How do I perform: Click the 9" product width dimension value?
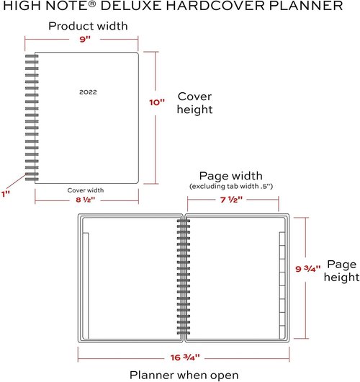click(x=85, y=39)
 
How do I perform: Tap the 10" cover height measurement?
click(x=157, y=102)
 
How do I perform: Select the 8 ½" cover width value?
click(x=85, y=200)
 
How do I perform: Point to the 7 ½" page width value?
click(x=232, y=200)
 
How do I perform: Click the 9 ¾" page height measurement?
click(x=308, y=269)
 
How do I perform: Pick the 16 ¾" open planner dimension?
click(x=185, y=357)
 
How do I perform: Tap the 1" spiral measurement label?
click(x=6, y=194)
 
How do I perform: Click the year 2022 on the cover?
click(x=88, y=92)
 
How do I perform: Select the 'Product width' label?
click(x=88, y=26)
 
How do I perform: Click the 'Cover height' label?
click(x=194, y=103)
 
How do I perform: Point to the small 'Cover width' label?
click(x=86, y=190)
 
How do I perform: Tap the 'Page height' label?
click(x=341, y=271)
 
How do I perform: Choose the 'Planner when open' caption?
click(x=184, y=376)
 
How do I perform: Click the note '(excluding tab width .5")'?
click(x=231, y=187)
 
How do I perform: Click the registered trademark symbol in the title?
click(x=92, y=4)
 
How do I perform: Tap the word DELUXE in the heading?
click(x=132, y=5)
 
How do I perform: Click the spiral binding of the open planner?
click(x=184, y=277)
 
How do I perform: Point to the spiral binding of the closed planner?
click(x=32, y=117)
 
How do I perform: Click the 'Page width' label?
click(x=230, y=176)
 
